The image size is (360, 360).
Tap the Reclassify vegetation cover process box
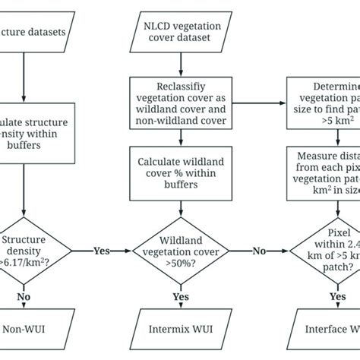tap(181, 101)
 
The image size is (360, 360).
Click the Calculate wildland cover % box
tap(181, 169)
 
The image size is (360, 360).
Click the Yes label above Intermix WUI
tap(181, 297)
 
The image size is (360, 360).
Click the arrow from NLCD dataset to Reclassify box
tap(181, 64)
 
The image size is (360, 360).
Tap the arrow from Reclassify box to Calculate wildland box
tap(181, 137)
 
